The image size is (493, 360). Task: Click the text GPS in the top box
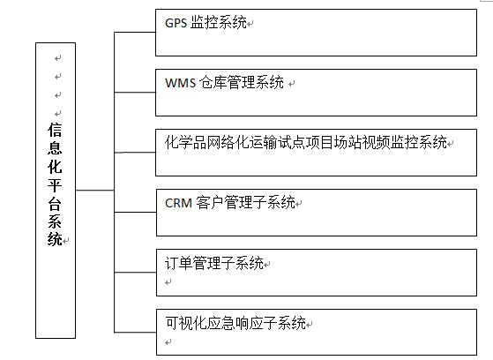(176, 23)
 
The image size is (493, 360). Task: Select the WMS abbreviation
(181, 83)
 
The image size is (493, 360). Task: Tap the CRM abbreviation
(178, 203)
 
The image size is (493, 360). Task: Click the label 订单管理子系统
(214, 263)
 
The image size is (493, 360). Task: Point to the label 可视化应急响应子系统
(235, 323)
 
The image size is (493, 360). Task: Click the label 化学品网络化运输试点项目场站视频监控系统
(306, 143)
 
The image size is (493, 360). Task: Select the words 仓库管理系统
(242, 83)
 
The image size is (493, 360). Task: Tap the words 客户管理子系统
(245, 203)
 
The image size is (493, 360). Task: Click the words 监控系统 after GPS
(218, 23)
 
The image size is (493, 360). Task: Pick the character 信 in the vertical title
(55, 130)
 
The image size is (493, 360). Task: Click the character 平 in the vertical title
(55, 185)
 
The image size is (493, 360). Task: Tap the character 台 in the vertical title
(55, 204)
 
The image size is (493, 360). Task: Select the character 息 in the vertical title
(55, 148)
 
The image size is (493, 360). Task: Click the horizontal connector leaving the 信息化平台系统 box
(94, 190)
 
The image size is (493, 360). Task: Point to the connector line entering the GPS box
(135, 32)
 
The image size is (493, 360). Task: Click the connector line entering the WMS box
(135, 92)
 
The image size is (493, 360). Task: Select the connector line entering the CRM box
(135, 212)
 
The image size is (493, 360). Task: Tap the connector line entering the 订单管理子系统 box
(135, 272)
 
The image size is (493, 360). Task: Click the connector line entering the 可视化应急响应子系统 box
(135, 332)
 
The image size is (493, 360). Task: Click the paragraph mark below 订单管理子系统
(168, 282)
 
